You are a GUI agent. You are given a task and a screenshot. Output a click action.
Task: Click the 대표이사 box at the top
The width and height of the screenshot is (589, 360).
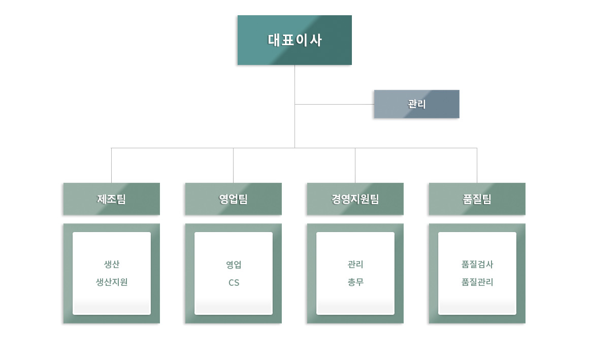coord(294,40)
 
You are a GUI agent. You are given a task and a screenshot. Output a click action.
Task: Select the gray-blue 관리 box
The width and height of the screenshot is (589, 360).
coord(416,104)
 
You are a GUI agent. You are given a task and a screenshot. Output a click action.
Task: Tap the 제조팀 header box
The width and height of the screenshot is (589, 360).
coord(111,199)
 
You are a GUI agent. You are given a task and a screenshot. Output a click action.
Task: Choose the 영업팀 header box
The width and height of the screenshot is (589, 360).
coord(233,199)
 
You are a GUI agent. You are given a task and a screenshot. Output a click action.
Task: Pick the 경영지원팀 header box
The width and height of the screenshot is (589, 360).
coord(355,199)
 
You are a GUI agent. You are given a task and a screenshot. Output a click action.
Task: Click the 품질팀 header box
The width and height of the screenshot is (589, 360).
coord(477,199)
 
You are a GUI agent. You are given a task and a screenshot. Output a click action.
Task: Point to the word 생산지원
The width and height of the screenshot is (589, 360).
coord(112,282)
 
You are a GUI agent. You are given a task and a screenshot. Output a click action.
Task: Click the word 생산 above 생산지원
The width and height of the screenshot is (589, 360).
coord(112,265)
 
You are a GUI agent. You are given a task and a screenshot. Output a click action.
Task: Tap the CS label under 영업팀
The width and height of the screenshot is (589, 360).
coord(234,282)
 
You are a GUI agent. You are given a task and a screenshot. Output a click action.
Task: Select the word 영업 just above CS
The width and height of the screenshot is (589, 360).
coord(234,265)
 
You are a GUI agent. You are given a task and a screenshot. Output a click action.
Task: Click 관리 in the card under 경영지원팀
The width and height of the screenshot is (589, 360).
coord(355,265)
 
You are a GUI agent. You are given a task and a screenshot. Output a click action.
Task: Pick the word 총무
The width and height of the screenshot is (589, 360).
coord(355,282)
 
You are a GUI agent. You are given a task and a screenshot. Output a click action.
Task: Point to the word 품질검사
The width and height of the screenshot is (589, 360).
coord(477,265)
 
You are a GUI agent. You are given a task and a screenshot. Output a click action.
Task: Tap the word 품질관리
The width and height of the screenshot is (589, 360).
coord(477,282)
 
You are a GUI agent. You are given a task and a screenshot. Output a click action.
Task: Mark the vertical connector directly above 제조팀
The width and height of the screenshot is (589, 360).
coord(111,165)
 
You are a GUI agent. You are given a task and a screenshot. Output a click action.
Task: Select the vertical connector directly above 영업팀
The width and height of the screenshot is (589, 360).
coord(233,165)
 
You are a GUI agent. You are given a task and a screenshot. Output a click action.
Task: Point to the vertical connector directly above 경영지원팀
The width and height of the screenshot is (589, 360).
coord(355,165)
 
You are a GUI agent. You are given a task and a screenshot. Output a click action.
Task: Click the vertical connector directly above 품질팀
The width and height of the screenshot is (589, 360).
coord(477,165)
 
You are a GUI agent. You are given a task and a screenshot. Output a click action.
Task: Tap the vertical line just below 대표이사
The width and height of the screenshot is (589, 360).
coord(294,84)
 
